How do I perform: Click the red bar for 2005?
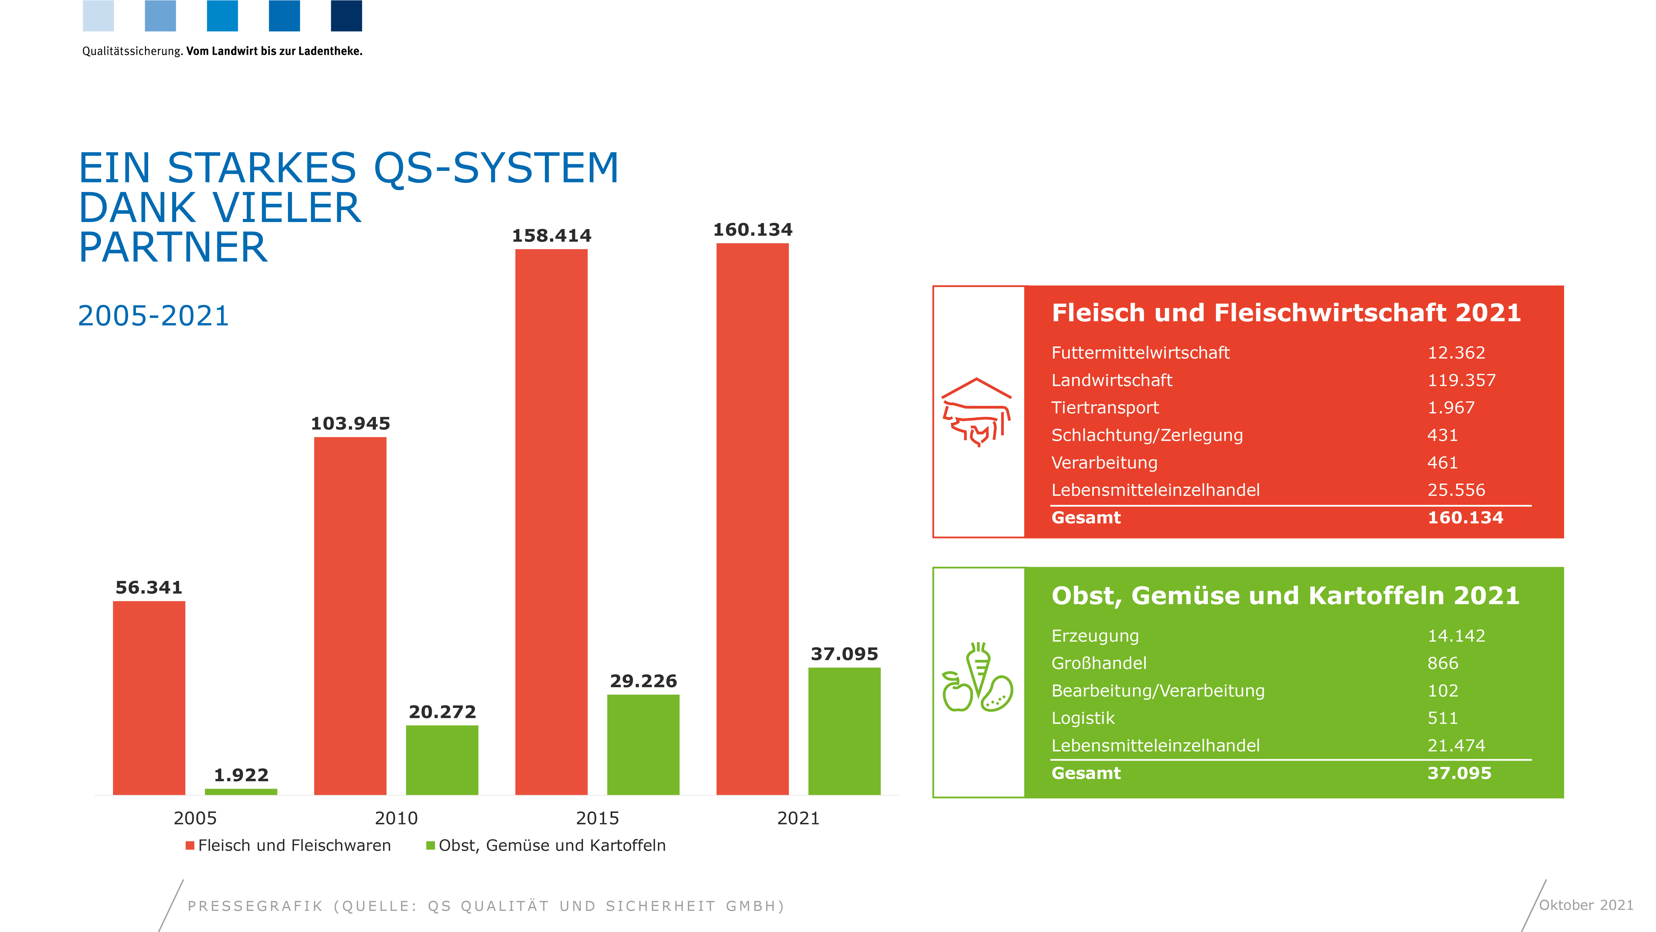click(x=149, y=698)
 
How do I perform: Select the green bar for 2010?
click(x=442, y=760)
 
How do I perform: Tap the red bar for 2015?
click(x=552, y=522)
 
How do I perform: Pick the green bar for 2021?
click(x=844, y=731)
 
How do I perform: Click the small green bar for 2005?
click(x=241, y=792)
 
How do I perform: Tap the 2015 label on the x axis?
click(x=597, y=818)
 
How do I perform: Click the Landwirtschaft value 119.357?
click(x=1461, y=380)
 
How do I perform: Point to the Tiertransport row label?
click(x=1105, y=408)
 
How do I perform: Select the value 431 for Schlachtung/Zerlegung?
click(x=1443, y=435)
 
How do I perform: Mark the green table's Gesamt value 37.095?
click(x=1459, y=773)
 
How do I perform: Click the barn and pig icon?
click(x=977, y=412)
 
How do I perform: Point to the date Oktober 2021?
click(x=1586, y=905)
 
